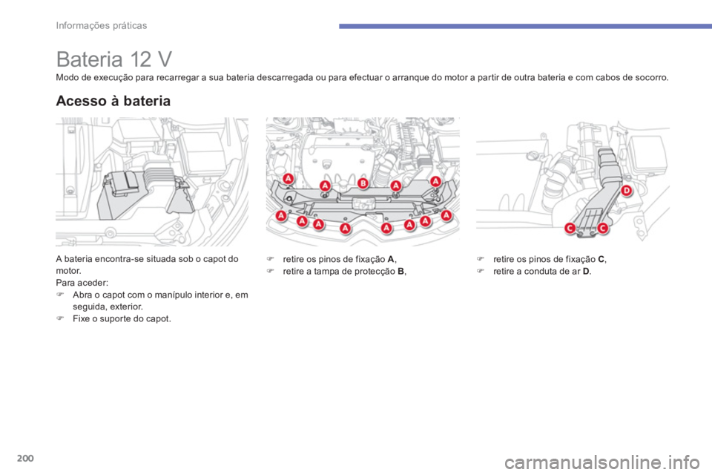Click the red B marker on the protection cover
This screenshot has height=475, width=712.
[x=363, y=183]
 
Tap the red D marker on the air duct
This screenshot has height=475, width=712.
[x=626, y=191]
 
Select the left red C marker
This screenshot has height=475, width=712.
[x=570, y=228]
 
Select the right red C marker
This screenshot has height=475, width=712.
[x=602, y=228]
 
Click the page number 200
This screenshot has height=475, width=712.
[x=25, y=458]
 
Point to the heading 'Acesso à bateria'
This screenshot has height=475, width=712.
[x=113, y=101]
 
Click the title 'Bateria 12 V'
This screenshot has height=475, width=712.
[x=114, y=59]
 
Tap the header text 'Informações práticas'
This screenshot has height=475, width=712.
[x=102, y=25]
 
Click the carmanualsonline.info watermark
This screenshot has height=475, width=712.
[x=602, y=463]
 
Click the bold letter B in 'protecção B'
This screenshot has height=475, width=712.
[x=400, y=272]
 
